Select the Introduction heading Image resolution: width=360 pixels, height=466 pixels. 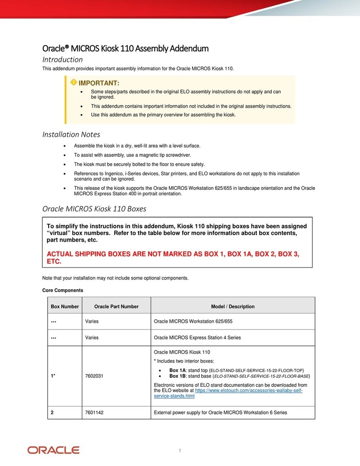tap(62, 59)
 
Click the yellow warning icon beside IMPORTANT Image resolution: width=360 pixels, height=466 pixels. tap(73, 82)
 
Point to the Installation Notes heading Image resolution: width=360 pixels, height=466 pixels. tap(71, 134)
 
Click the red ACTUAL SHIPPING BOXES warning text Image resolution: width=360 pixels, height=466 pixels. tap(173, 257)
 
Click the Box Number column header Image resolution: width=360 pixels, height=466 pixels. tap(65, 307)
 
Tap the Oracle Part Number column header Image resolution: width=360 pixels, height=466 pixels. tap(116, 307)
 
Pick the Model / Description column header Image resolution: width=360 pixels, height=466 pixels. tap(233, 307)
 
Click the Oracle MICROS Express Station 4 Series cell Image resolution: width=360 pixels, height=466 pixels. tap(197, 338)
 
